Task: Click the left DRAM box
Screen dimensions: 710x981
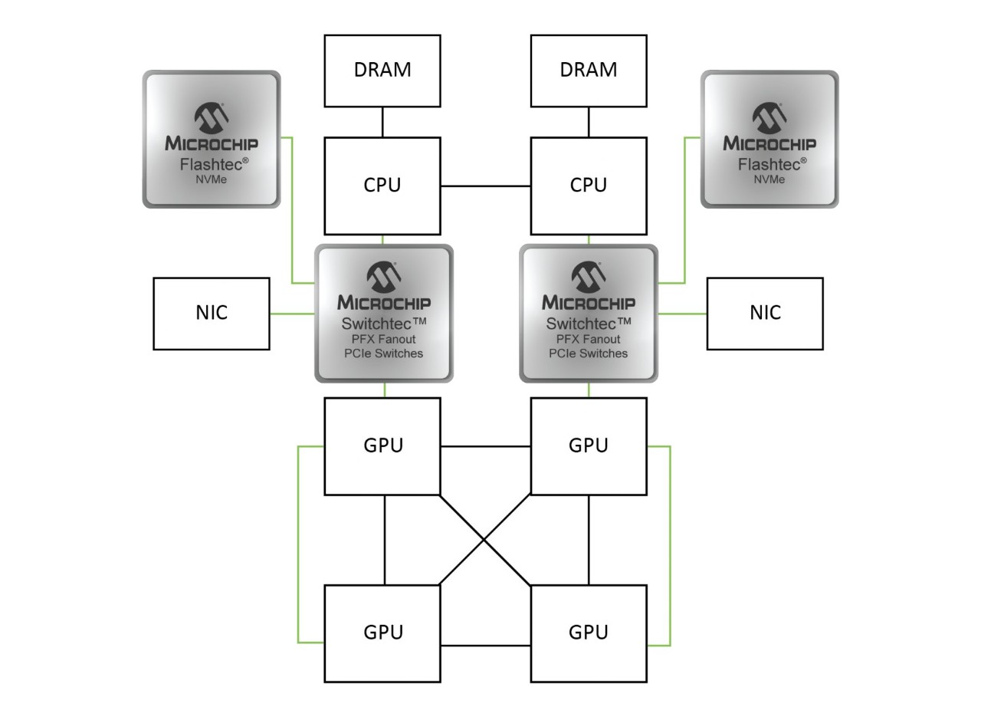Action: (x=382, y=71)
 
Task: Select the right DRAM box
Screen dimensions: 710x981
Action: (x=588, y=71)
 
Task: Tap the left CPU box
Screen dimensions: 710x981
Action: (x=382, y=186)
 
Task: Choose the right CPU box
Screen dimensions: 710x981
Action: (x=588, y=186)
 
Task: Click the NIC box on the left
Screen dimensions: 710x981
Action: (x=212, y=314)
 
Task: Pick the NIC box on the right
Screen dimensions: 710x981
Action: (x=764, y=314)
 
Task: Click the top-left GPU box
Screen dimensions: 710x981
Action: (x=382, y=445)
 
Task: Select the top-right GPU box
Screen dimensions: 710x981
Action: (x=588, y=445)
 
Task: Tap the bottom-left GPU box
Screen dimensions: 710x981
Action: (x=382, y=633)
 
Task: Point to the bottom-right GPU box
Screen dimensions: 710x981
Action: (x=588, y=633)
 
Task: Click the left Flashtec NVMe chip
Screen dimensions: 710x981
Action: (x=212, y=140)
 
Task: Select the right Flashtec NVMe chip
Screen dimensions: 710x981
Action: (x=769, y=140)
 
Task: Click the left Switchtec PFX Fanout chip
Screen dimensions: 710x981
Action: (x=384, y=314)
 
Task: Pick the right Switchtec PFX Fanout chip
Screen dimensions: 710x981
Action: (x=589, y=314)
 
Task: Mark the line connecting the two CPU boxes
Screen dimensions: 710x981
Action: (x=485, y=186)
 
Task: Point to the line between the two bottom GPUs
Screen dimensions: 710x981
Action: (x=485, y=646)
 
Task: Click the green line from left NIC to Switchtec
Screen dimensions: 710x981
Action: (x=292, y=314)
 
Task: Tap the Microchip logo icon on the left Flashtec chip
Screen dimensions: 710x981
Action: (x=212, y=117)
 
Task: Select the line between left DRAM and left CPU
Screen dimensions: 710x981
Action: (x=382, y=122)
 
